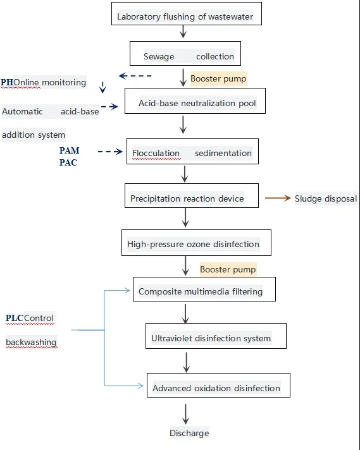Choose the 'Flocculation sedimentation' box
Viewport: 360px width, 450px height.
tap(192, 153)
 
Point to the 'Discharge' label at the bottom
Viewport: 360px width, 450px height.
tap(189, 433)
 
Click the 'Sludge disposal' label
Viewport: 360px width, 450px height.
tap(326, 198)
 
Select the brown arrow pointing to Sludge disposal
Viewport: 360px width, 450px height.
tap(277, 198)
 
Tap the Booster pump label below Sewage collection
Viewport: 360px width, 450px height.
tap(218, 79)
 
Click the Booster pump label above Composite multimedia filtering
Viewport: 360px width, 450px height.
tap(228, 269)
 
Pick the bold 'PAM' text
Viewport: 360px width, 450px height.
tap(70, 151)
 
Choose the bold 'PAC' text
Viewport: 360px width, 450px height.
tap(69, 162)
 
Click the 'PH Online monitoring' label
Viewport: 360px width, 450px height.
tap(44, 82)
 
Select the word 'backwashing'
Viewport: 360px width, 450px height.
tap(31, 343)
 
